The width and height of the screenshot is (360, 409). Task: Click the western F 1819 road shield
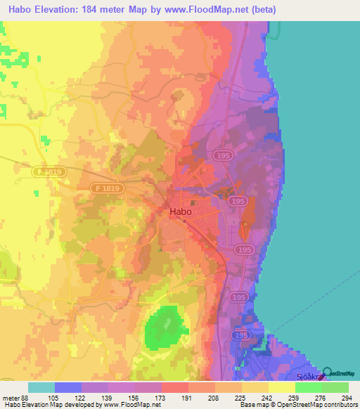coord(46,170)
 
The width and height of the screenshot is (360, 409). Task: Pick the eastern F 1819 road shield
coord(108,188)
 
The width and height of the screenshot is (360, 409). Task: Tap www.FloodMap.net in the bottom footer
coord(139,405)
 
